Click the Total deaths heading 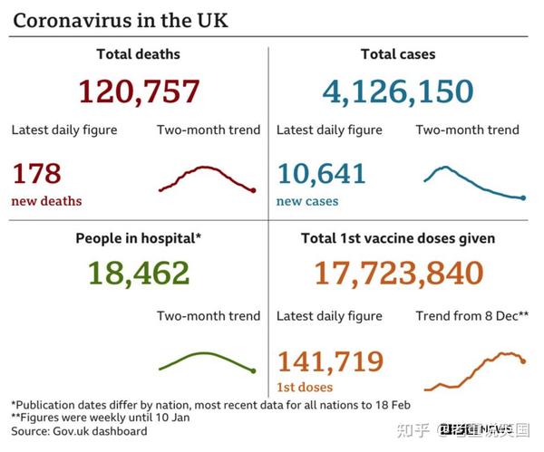click(x=138, y=55)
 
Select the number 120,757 click(x=138, y=91)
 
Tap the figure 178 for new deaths click(x=36, y=173)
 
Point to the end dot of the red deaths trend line click(x=253, y=190)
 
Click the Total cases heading click(x=397, y=55)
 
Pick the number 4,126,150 click(x=397, y=91)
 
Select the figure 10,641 click(x=321, y=173)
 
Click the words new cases click(x=307, y=201)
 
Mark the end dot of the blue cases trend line click(x=523, y=197)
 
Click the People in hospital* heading click(x=138, y=238)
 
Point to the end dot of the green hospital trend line click(x=253, y=370)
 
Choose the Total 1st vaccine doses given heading click(x=397, y=238)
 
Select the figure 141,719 click(x=330, y=361)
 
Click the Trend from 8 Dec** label click(x=472, y=316)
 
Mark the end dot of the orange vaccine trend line click(x=523, y=361)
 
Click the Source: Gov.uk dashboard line click(x=79, y=431)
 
